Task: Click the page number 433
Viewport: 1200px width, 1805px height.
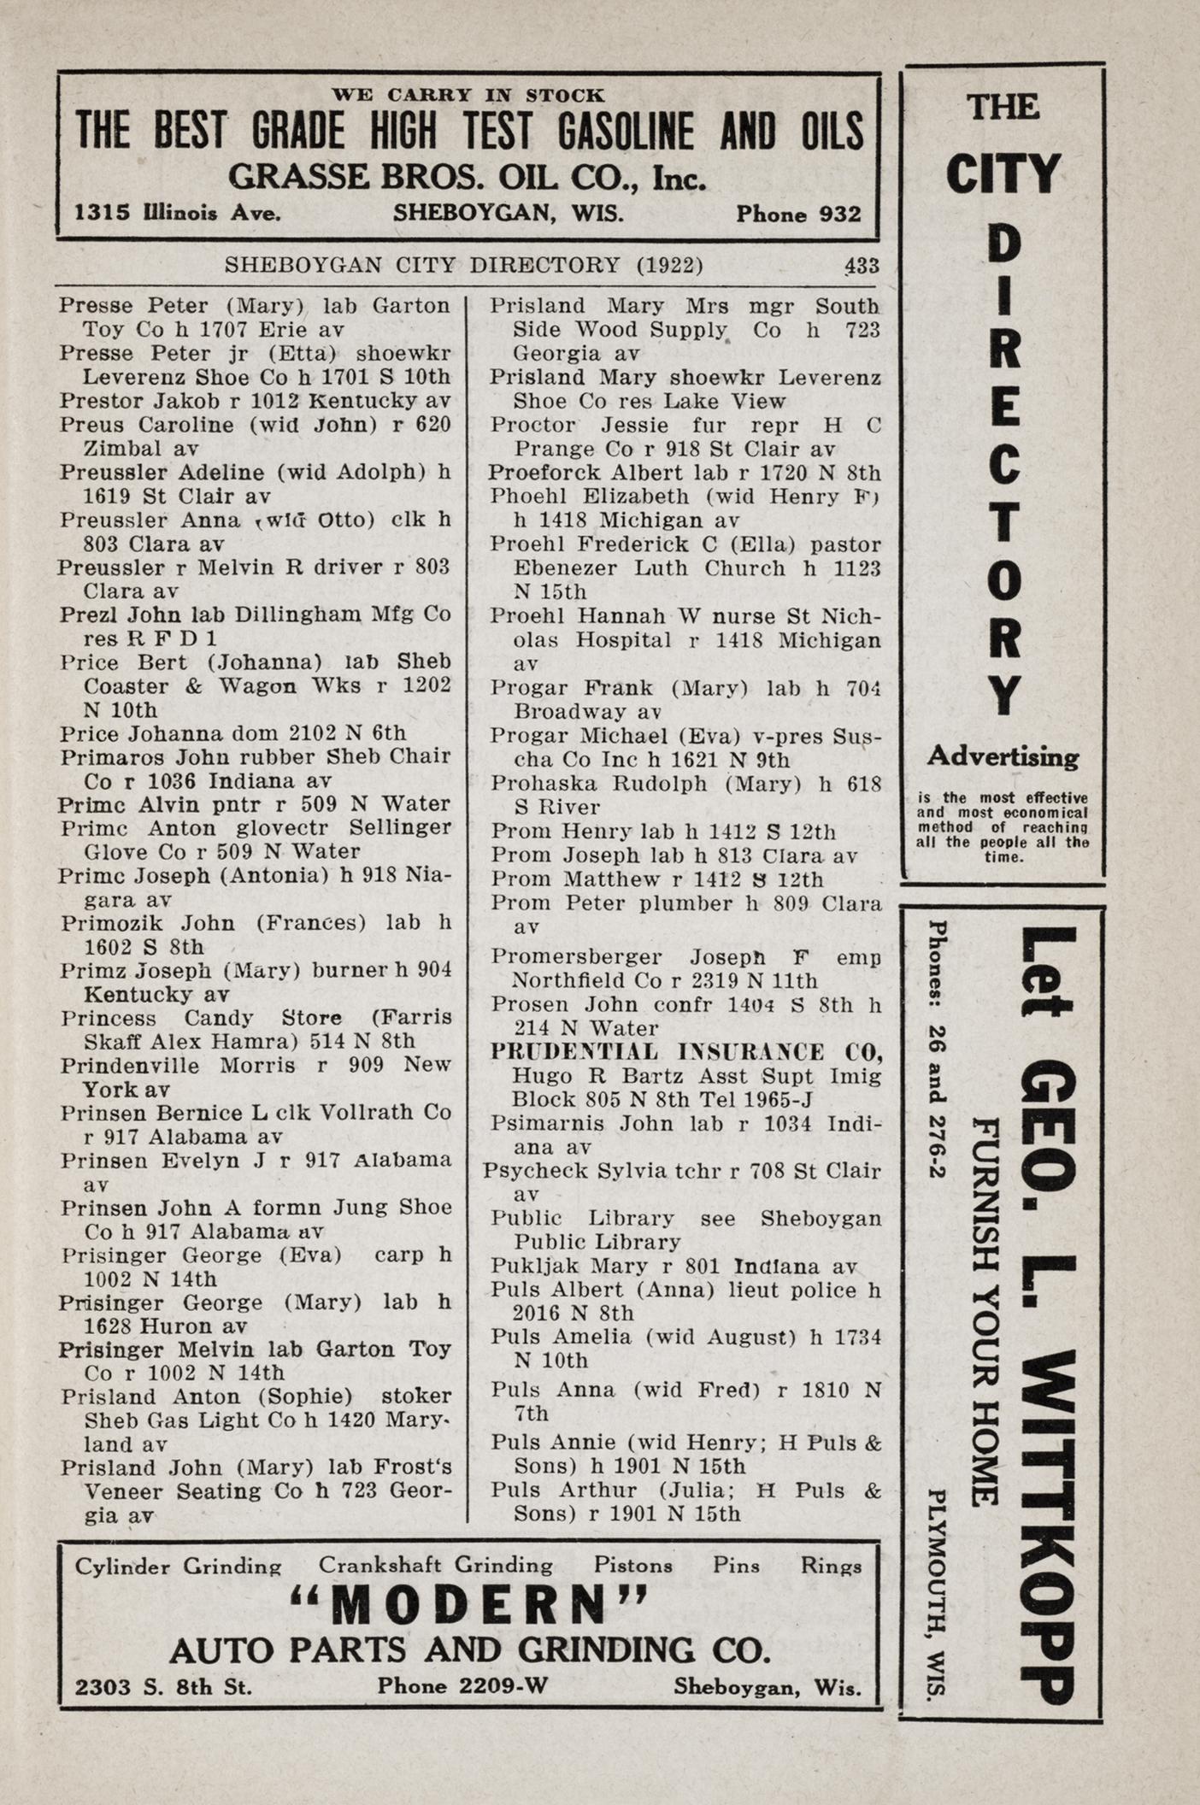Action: [860, 266]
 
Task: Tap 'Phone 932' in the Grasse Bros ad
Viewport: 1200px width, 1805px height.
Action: [798, 214]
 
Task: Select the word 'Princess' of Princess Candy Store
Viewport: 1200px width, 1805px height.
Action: [109, 1018]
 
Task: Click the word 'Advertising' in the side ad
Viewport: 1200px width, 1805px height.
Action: [1003, 756]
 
